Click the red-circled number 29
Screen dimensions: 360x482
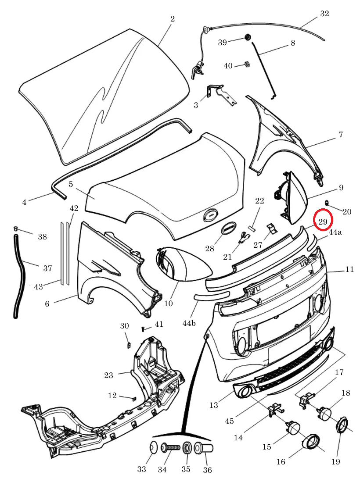(x=323, y=221)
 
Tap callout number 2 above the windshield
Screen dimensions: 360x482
(x=173, y=19)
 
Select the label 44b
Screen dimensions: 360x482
(x=189, y=323)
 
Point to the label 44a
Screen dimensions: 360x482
(x=335, y=232)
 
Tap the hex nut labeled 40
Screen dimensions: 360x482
(x=246, y=64)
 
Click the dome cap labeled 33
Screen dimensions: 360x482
(x=154, y=447)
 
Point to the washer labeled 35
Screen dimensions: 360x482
(x=187, y=448)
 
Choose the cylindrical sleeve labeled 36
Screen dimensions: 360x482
(x=203, y=449)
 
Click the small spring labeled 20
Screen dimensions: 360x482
(x=327, y=202)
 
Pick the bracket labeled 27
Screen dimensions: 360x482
(x=271, y=228)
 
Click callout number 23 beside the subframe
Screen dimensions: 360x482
(x=108, y=375)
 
